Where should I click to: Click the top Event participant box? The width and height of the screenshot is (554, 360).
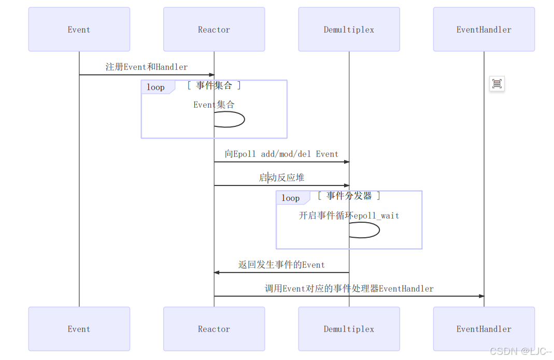(79, 30)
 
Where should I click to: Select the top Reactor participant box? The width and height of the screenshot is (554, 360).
(214, 30)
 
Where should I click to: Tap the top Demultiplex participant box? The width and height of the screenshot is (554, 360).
(349, 30)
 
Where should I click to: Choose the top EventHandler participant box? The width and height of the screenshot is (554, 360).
(484, 30)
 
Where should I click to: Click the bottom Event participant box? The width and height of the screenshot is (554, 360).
(79, 329)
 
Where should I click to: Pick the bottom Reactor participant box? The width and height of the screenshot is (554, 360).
(214, 329)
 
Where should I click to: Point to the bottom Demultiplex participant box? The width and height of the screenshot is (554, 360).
(349, 329)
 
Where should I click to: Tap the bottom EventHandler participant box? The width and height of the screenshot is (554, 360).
(484, 329)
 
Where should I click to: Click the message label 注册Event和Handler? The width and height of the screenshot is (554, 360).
(147, 67)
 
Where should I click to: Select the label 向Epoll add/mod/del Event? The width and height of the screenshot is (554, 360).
(281, 154)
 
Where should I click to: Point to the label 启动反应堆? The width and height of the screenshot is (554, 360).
(281, 178)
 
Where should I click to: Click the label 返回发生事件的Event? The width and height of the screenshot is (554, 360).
(281, 265)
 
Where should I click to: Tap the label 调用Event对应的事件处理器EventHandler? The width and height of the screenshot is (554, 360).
(349, 289)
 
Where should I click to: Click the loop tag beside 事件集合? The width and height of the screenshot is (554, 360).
(156, 87)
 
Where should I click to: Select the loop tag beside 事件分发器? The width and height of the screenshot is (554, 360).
(291, 198)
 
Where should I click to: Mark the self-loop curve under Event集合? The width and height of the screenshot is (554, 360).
(243, 120)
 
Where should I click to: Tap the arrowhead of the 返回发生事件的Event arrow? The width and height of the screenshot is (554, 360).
(217, 272)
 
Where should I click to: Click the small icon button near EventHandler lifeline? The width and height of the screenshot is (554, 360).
(497, 84)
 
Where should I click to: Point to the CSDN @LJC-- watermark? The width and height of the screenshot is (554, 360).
(520, 351)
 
